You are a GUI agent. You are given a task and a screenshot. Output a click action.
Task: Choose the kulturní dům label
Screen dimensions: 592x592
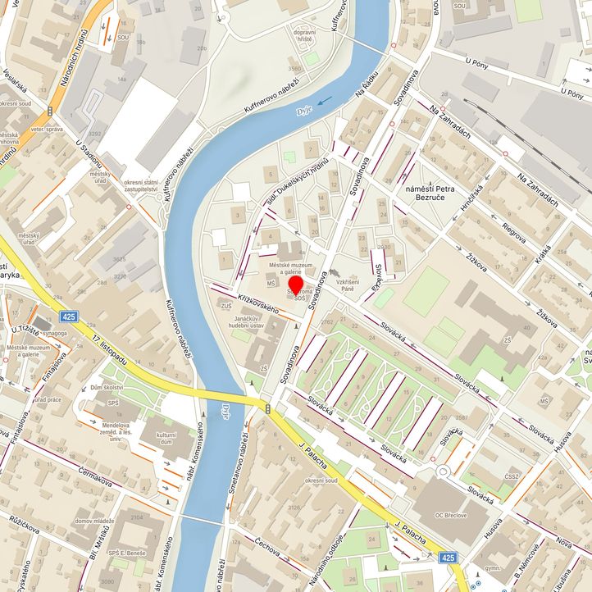[166, 438]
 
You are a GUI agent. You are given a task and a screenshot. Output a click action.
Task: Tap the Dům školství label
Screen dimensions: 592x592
[107, 387]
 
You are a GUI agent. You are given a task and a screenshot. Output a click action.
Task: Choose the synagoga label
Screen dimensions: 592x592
[57, 333]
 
